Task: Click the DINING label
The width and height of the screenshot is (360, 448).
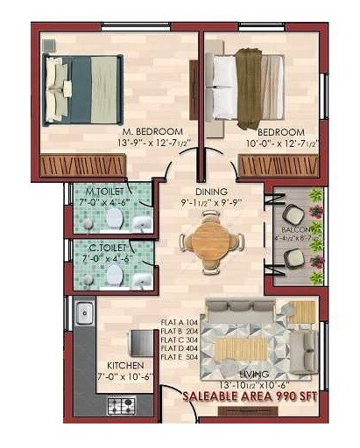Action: pos(211,192)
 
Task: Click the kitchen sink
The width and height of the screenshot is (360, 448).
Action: pos(84,311)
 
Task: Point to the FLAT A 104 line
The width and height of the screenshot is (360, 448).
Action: pos(180,322)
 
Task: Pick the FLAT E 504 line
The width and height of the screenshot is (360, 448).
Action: pos(180,357)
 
